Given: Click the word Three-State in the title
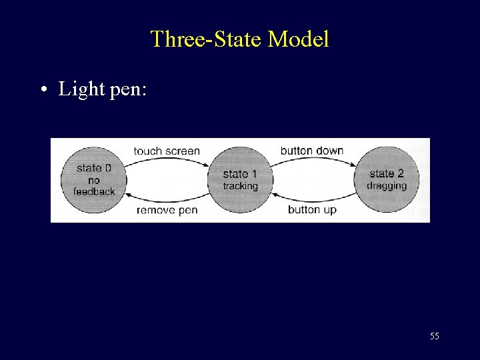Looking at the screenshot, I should (207, 39).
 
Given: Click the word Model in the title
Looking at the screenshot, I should (298, 39).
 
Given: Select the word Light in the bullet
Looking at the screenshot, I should (79, 89).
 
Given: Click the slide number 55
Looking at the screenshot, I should (435, 336).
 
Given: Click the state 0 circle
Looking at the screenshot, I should (94, 179).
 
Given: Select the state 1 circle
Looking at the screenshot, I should (240, 179).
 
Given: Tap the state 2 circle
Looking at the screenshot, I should (387, 179).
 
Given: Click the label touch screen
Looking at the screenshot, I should (167, 151).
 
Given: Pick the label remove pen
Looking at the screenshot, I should (167, 210).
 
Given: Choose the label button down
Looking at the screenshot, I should (312, 151).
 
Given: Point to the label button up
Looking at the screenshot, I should (312, 210).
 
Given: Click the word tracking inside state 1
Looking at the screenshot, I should (240, 186).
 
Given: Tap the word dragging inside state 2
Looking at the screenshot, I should (387, 186).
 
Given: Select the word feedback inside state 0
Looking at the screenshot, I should (94, 191).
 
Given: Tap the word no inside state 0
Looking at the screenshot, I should (94, 180).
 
